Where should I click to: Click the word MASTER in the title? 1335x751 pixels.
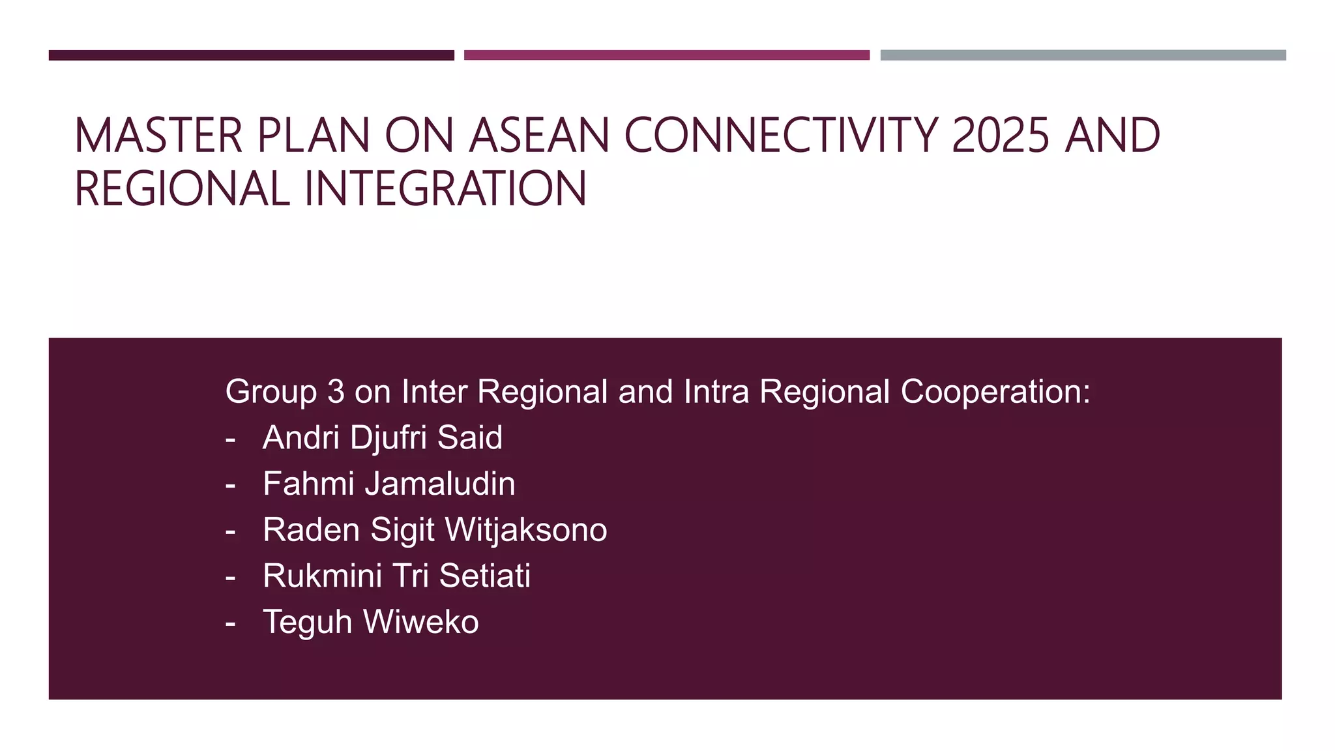click(158, 136)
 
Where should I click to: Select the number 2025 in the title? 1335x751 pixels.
click(1001, 136)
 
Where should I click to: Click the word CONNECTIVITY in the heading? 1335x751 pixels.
click(781, 136)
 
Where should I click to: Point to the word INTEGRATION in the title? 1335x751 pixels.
click(445, 189)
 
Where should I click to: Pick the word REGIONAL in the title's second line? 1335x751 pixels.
click(182, 189)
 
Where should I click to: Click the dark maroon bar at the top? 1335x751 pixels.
click(251, 55)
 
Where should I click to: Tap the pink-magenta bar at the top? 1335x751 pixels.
click(666, 55)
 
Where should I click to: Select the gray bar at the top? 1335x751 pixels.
click(1083, 55)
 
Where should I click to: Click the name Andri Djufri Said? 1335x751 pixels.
click(382, 437)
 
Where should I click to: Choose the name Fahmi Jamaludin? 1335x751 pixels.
click(389, 484)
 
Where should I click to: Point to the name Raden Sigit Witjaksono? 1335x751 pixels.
click(435, 529)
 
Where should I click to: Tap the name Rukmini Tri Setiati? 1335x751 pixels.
click(396, 576)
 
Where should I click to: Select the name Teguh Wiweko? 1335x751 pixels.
click(370, 622)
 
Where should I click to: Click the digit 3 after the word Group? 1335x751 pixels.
click(336, 392)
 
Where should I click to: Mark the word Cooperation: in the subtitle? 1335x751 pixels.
click(995, 392)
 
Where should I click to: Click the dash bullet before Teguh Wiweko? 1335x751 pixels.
click(230, 623)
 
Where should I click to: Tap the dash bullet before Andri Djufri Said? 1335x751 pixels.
click(230, 439)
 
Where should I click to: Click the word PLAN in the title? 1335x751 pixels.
click(314, 136)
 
